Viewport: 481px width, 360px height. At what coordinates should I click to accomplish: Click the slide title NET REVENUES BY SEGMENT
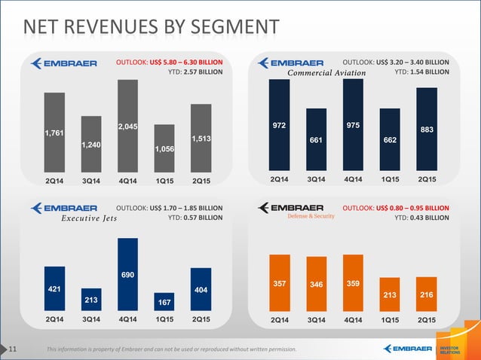click(x=151, y=29)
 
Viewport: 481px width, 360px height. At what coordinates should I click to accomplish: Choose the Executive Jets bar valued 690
click(x=127, y=274)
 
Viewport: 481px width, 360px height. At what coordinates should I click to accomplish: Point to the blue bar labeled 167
click(x=164, y=301)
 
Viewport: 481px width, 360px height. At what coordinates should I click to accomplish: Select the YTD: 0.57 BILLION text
click(x=195, y=218)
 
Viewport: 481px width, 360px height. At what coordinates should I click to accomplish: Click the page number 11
click(x=14, y=349)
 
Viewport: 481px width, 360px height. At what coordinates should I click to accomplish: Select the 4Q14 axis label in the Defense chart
click(x=353, y=320)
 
